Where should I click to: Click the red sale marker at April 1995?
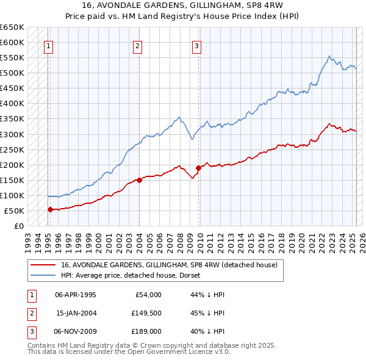click(x=50, y=209)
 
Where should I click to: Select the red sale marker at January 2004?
click(x=139, y=180)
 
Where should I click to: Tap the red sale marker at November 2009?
click(x=198, y=168)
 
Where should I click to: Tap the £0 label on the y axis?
click(x=18, y=226)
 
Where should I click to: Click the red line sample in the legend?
click(x=43, y=265)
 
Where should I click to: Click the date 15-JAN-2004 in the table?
click(x=76, y=313)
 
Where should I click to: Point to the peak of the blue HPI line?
click(x=329, y=56)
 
